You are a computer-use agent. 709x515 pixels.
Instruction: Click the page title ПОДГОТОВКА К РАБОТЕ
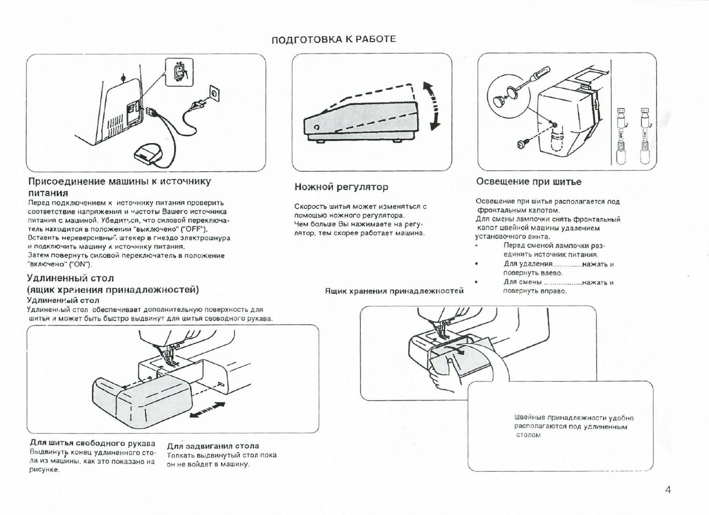[333, 40]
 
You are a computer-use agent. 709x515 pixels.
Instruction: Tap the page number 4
[668, 490]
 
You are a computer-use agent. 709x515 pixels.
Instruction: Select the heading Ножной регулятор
[341, 187]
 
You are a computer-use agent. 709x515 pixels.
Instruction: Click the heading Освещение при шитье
[528, 182]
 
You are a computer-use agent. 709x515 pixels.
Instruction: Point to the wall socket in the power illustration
[215, 93]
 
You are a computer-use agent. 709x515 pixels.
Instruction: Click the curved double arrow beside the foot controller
[433, 106]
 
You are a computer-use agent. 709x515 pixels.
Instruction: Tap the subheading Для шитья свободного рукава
[93, 443]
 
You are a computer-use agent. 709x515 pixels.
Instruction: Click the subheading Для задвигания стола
[213, 446]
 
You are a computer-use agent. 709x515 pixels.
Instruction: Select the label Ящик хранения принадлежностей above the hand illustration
[394, 291]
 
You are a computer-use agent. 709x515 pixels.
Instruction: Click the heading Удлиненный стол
[70, 278]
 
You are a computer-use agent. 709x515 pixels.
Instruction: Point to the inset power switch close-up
[179, 72]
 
